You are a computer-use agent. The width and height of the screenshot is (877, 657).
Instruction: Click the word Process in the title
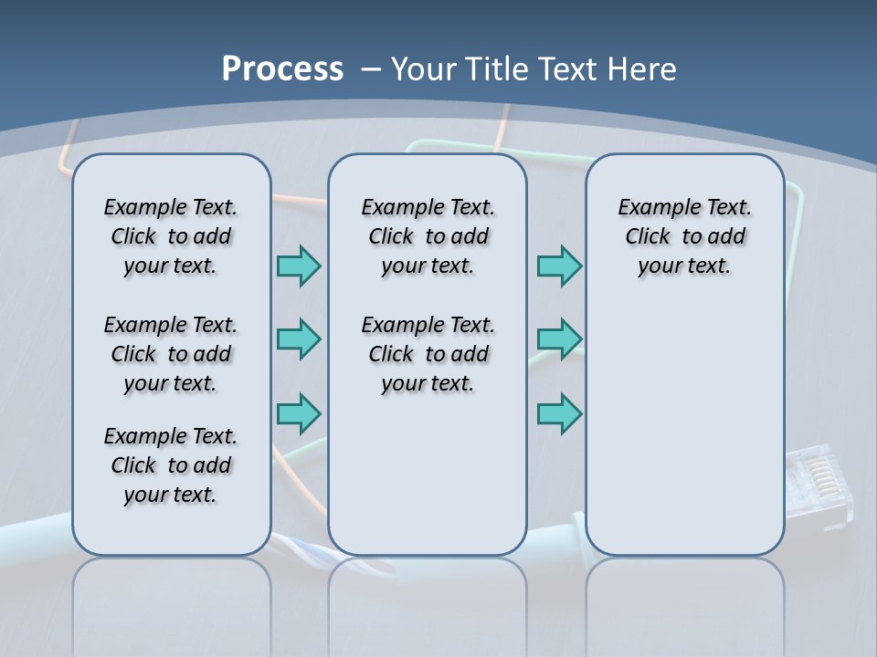pyautogui.click(x=282, y=69)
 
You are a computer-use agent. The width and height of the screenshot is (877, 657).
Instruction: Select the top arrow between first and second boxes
pyautogui.click(x=299, y=266)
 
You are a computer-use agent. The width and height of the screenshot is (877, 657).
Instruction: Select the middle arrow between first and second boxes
pyautogui.click(x=299, y=339)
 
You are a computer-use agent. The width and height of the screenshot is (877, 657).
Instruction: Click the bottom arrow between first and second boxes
pyautogui.click(x=299, y=413)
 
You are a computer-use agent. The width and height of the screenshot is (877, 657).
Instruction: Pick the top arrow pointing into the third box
pyautogui.click(x=559, y=266)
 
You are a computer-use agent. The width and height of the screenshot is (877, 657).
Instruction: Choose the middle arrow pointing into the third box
pyautogui.click(x=559, y=339)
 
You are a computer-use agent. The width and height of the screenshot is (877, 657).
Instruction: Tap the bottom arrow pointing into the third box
pyautogui.click(x=559, y=413)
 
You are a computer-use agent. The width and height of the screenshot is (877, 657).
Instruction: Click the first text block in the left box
pyautogui.click(x=171, y=236)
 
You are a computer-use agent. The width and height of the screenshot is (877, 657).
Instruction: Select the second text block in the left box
pyautogui.click(x=171, y=354)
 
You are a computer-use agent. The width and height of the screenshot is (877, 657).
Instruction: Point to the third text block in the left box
pyautogui.click(x=171, y=465)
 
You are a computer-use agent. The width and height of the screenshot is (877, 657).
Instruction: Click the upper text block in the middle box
pyautogui.click(x=428, y=236)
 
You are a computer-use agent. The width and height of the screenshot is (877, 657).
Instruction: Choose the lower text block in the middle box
pyautogui.click(x=428, y=354)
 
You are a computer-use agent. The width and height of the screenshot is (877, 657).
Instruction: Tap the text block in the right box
pyautogui.click(x=684, y=236)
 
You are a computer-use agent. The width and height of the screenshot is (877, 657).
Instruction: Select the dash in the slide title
pyautogui.click(x=371, y=69)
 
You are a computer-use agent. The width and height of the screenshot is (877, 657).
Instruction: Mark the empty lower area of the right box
pyautogui.click(x=684, y=429)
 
